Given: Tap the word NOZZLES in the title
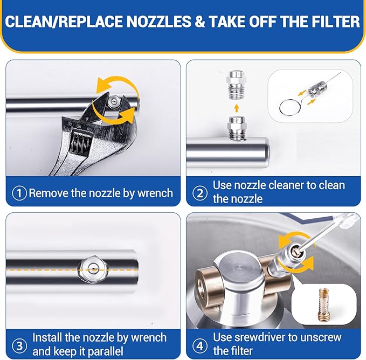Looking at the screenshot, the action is coord(158,22).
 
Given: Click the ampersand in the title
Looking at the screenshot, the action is coord(200,22).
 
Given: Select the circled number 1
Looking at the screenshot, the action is coord(19,193).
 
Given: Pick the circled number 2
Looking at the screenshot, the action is coord(200,193).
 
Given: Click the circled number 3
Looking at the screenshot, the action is coord(19,345).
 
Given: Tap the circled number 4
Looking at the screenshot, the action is coord(200,345).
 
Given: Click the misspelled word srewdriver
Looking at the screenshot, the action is coord(259,337).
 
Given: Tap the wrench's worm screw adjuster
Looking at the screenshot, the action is coord(81,143).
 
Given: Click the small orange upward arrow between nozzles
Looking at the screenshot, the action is coord(237,108).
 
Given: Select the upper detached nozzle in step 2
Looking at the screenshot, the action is coord(236,85).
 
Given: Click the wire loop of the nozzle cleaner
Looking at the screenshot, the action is coord(289,107).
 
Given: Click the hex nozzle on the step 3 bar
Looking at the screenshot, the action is coord(94,270).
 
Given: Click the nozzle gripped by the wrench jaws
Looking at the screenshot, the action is coord(114,102).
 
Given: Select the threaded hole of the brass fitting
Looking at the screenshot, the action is coord(201,289).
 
